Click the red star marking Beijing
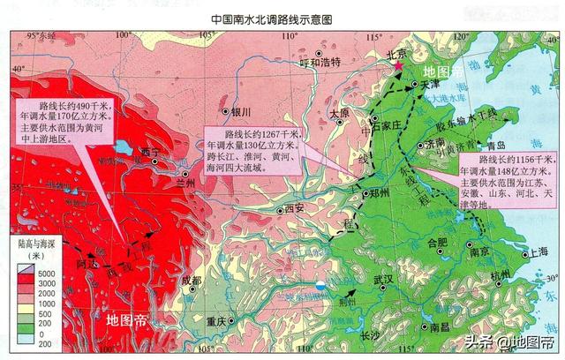pos(399,66)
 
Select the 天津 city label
pos(429,84)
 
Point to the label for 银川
pos(242,112)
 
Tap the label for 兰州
pos(185,184)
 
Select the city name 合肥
pos(438,242)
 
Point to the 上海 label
pos(534,251)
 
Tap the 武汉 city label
pos(383,280)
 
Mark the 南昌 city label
pos(442,327)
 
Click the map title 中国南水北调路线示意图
pos(282,18)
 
